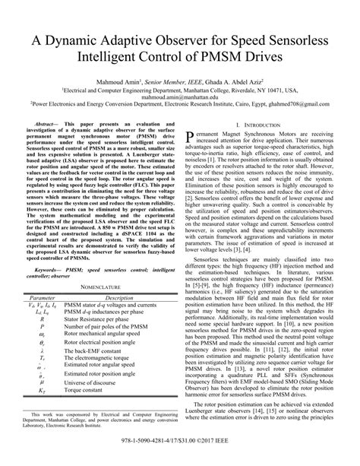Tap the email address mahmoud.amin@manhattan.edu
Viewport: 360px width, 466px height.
[179, 97]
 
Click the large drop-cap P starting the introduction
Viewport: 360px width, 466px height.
[191, 136]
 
